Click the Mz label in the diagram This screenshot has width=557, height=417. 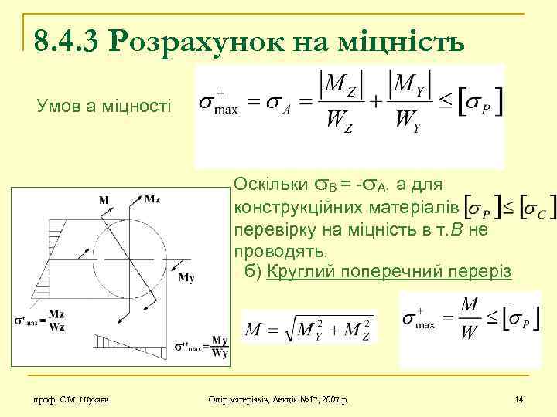(x=152, y=200)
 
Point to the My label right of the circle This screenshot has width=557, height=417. (x=186, y=278)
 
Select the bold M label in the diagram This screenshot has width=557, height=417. (x=104, y=201)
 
